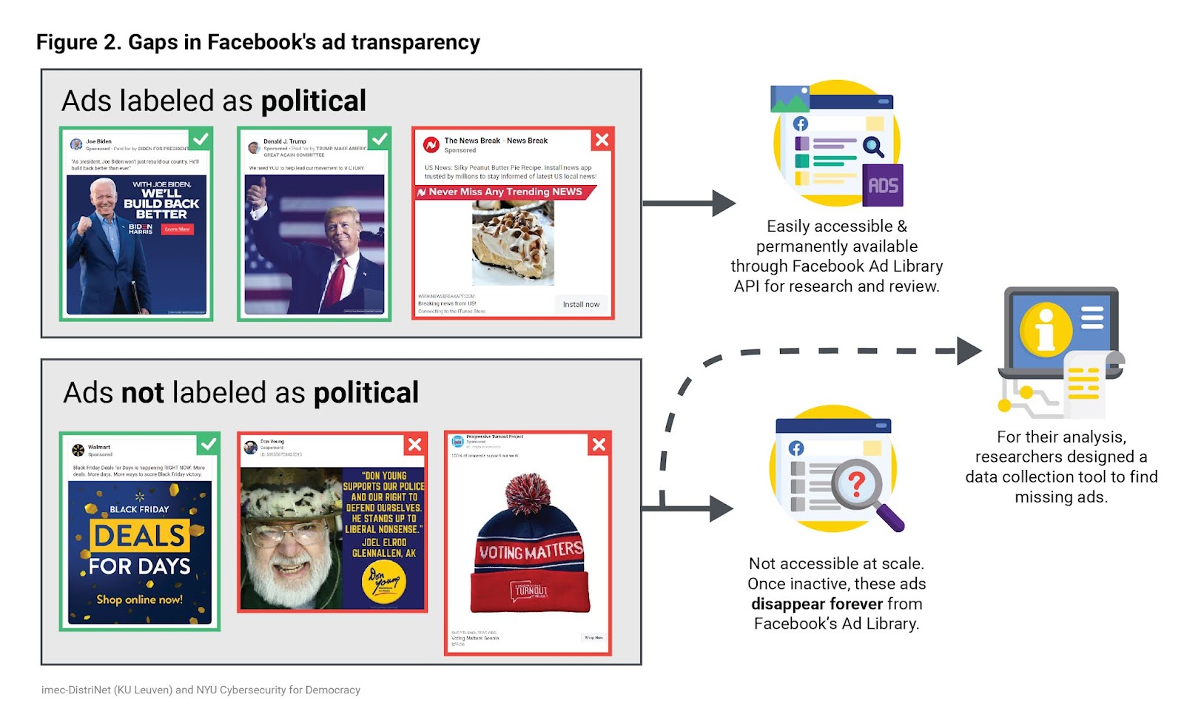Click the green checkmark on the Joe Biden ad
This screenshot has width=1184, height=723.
tap(201, 138)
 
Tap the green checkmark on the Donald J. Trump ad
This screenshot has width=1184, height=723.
tap(379, 138)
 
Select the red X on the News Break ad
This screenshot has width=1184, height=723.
tap(602, 139)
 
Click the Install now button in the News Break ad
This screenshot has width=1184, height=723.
tap(581, 304)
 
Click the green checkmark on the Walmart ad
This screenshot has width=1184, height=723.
tap(209, 444)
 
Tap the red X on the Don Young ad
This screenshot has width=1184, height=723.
tap(415, 444)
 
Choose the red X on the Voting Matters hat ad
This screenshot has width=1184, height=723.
tap(599, 444)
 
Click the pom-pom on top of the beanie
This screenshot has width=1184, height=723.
tap(528, 494)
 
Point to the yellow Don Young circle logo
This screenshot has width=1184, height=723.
tap(384, 582)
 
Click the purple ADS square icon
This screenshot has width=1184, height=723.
tap(883, 186)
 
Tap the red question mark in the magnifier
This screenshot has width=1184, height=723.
tap(856, 483)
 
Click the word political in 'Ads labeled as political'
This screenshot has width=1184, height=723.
tap(314, 101)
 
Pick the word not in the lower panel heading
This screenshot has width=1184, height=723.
tap(142, 393)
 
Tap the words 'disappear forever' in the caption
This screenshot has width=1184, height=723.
tap(817, 604)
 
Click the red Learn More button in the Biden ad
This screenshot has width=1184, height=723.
tap(178, 229)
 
